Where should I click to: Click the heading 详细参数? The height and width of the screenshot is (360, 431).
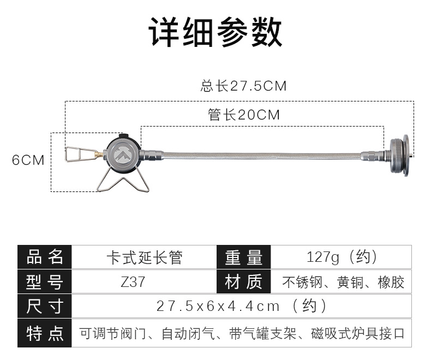(x=215, y=32)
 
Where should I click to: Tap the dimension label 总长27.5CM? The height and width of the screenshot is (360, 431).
(x=243, y=86)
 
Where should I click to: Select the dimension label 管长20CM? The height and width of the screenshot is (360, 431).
(x=244, y=115)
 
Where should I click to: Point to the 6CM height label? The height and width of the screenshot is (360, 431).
(x=28, y=160)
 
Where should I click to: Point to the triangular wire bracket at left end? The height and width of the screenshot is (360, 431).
(x=76, y=154)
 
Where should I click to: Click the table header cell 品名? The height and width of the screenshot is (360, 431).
(x=45, y=257)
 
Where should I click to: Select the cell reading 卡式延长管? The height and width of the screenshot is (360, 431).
(x=144, y=257)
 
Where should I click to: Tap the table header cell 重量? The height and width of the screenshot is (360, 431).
(x=243, y=257)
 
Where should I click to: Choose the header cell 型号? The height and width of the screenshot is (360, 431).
(x=45, y=282)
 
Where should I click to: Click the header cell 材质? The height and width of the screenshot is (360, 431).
(x=243, y=282)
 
